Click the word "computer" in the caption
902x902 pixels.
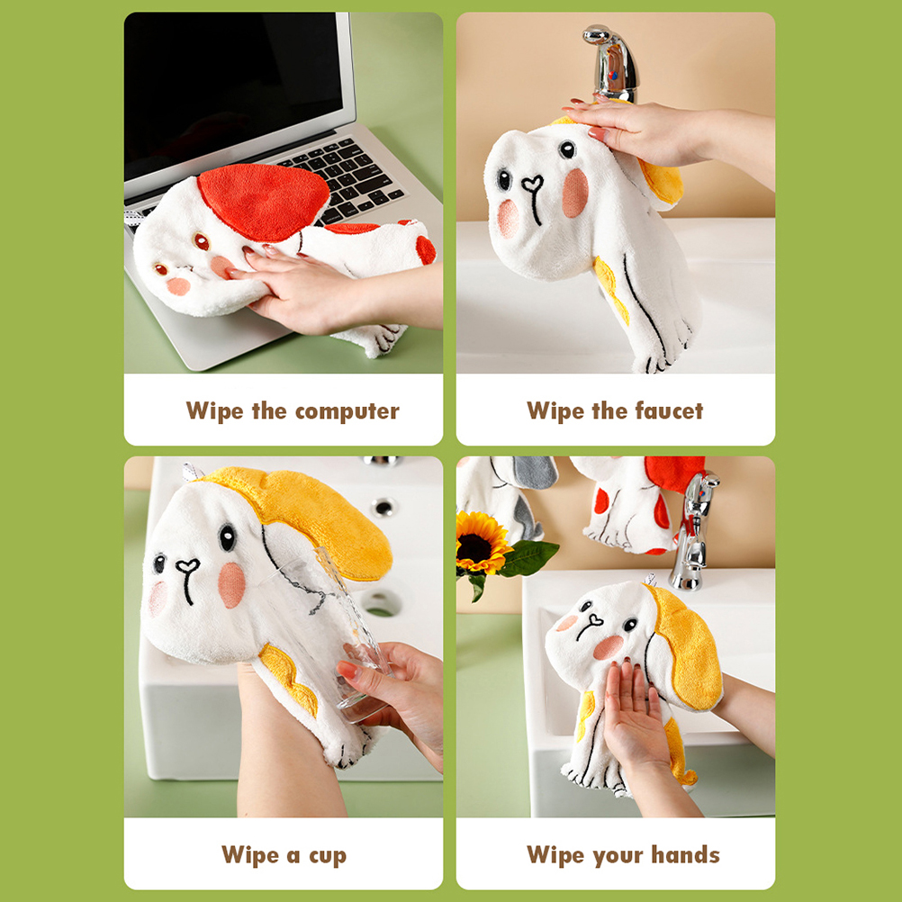[347, 412]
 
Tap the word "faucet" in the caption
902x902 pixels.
[669, 410]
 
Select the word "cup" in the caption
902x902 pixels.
[328, 857]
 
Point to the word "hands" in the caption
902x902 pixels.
[685, 854]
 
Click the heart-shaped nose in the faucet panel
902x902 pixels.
[533, 184]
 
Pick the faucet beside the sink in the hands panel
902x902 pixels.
[692, 529]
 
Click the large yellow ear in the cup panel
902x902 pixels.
[322, 518]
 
